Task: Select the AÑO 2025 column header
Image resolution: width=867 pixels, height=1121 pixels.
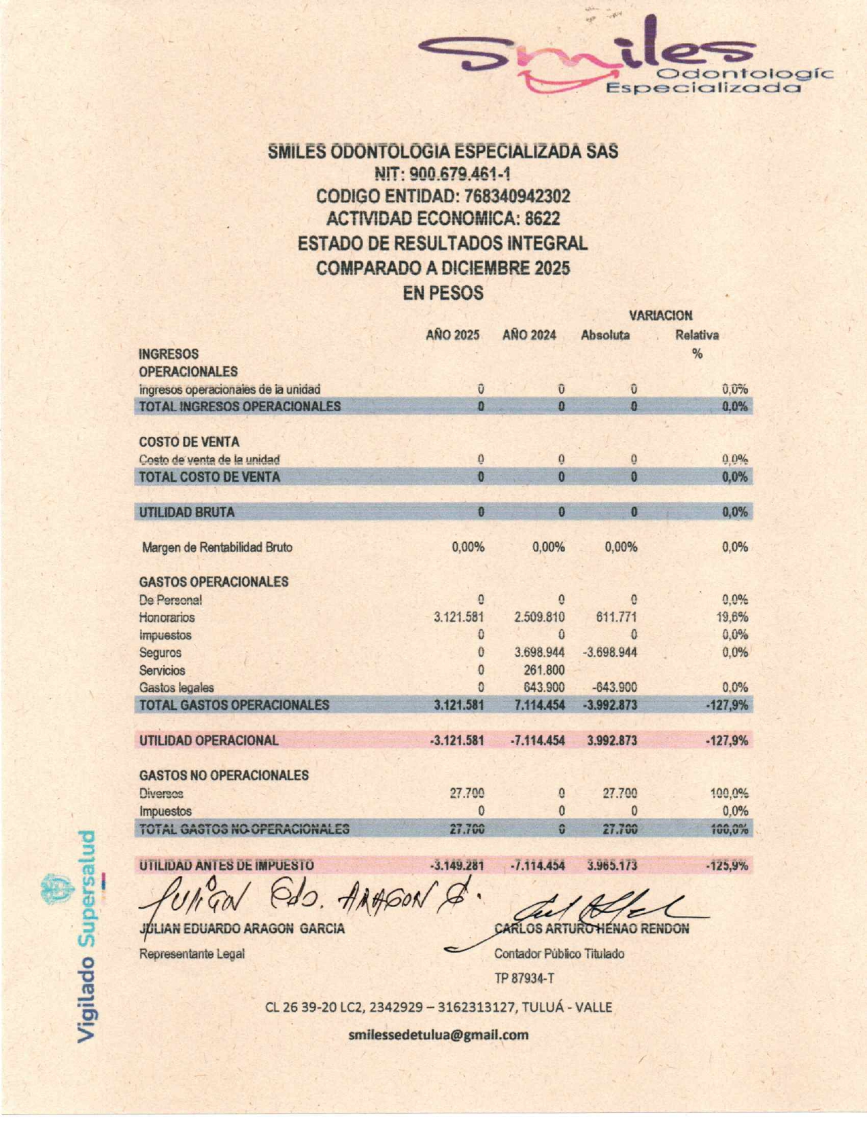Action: tap(452, 336)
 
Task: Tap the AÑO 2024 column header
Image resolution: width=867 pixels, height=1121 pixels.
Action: tap(530, 336)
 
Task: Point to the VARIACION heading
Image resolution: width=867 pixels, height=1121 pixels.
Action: tap(660, 316)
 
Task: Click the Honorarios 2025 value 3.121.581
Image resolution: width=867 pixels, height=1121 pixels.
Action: tap(458, 618)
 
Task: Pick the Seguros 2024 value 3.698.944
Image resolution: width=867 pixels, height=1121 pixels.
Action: tap(539, 653)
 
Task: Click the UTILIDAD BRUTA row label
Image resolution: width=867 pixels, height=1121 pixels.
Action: tap(186, 512)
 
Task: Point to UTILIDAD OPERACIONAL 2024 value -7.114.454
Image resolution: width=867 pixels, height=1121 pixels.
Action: tap(537, 741)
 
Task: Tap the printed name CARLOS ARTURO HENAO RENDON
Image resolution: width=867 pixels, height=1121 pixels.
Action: tap(592, 929)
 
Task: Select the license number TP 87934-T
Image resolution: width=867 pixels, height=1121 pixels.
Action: tap(524, 978)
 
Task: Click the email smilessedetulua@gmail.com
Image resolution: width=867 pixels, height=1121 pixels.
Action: tap(438, 1035)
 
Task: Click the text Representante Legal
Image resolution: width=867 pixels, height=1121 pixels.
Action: tap(192, 954)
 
